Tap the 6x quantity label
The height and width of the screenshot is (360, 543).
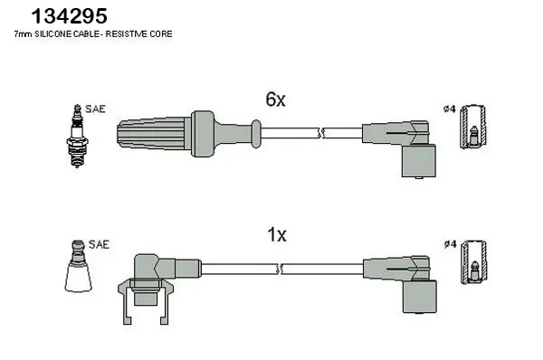275,100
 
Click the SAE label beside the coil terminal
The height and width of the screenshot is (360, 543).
100,244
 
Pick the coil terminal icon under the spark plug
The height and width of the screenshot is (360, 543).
79,268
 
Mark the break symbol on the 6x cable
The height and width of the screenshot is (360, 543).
321,135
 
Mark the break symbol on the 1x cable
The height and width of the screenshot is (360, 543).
283,269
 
